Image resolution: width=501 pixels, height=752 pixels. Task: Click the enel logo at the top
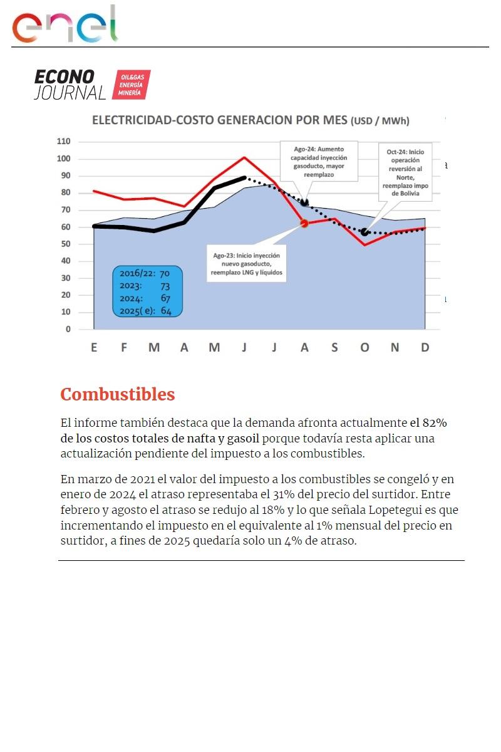[65, 25]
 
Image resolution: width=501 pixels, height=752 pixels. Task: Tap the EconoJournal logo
[92, 85]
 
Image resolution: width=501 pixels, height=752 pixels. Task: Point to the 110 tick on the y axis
[64, 142]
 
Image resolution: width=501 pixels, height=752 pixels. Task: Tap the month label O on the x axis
[364, 347]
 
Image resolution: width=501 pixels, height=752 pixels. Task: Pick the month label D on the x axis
[425, 347]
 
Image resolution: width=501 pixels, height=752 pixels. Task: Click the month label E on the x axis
[94, 347]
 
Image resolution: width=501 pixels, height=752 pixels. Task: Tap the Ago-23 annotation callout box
[247, 264]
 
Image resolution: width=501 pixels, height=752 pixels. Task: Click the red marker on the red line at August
[304, 223]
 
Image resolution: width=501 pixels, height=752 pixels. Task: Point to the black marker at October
[364, 232]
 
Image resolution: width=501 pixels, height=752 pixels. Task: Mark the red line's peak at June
[244, 157]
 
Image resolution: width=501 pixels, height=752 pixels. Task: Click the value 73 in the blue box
[165, 286]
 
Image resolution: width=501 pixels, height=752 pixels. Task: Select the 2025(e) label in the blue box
[137, 311]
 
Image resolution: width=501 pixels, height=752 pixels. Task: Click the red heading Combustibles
[118, 395]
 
